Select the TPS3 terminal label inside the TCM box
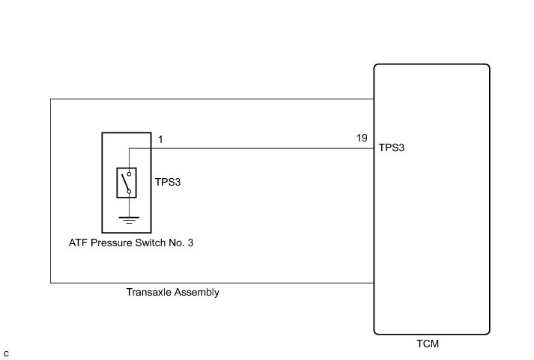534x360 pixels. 392,148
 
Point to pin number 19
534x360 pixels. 362,139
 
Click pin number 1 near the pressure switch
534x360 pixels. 160,139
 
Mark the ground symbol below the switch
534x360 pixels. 129,220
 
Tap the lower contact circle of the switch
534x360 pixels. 129,192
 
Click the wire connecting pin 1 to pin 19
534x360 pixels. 262,148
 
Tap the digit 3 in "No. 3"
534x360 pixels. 200,242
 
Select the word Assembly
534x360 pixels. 196,293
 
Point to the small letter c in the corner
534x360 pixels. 6,352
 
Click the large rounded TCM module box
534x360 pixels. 432,225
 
